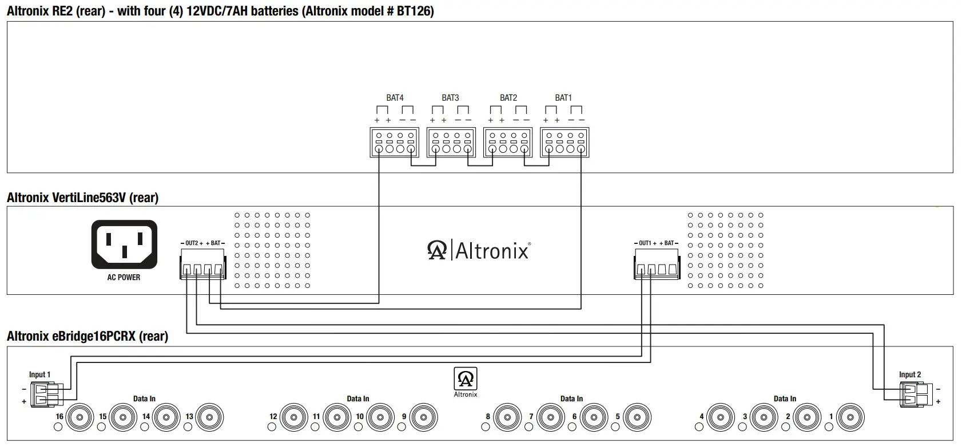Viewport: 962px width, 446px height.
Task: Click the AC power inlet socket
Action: click(124, 244)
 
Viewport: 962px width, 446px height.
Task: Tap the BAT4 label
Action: click(395, 98)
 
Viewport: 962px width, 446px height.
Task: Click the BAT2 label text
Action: click(508, 98)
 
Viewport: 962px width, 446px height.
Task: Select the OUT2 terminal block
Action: click(202, 264)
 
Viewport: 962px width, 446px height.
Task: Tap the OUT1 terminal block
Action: click(657, 264)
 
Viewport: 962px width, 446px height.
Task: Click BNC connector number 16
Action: click(79, 417)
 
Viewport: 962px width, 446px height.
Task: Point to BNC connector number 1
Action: click(850, 417)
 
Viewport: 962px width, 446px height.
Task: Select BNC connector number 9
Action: click(423, 417)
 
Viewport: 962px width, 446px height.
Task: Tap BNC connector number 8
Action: click(507, 417)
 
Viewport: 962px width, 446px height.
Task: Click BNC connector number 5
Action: click(637, 417)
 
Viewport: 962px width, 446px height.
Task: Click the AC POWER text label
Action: click(124, 277)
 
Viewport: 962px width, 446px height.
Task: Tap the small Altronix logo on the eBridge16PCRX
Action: click(465, 379)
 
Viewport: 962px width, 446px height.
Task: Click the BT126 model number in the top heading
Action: click(413, 11)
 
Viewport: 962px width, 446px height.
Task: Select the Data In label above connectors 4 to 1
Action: click(785, 398)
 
